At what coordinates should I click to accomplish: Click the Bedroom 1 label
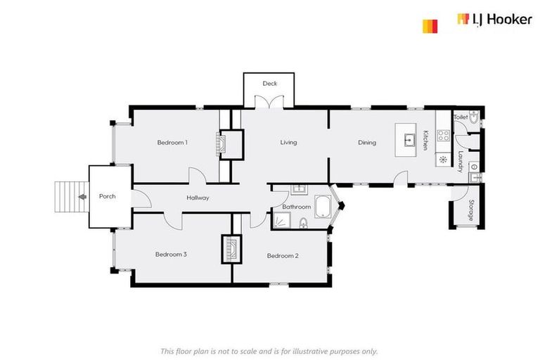click(x=172, y=143)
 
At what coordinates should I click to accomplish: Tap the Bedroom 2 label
click(x=283, y=256)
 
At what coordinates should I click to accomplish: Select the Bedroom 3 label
click(x=171, y=255)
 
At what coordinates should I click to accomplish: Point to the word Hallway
click(x=198, y=198)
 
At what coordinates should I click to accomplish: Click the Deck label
click(x=270, y=84)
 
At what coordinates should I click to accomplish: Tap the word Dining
click(x=367, y=143)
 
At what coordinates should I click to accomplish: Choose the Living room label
click(x=288, y=143)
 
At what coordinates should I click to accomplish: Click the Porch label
click(x=107, y=196)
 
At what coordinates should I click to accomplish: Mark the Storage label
click(x=471, y=211)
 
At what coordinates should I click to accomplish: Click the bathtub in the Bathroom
click(x=324, y=207)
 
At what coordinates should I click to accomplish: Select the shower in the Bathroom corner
click(x=282, y=221)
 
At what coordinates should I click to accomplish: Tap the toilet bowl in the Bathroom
click(x=304, y=223)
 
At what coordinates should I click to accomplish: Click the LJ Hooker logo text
click(x=494, y=20)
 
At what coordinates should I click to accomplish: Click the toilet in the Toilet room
click(x=473, y=120)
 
